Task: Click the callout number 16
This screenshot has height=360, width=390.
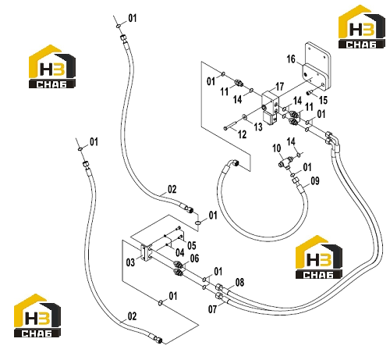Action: pyautogui.click(x=291, y=59)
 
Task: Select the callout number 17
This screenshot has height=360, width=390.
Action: pyautogui.click(x=279, y=87)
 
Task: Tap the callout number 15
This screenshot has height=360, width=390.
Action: pyautogui.click(x=323, y=100)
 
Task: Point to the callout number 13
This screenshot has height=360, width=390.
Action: pyautogui.click(x=258, y=127)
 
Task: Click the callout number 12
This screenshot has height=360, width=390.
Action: pyautogui.click(x=242, y=134)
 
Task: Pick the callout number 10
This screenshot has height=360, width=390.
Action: pyautogui.click(x=277, y=148)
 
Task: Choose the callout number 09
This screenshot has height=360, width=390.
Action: pyautogui.click(x=315, y=180)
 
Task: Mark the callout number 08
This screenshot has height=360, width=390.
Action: pyautogui.click(x=239, y=282)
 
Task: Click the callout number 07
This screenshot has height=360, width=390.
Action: pyautogui.click(x=212, y=309)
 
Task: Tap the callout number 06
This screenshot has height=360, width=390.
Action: pyautogui.click(x=194, y=258)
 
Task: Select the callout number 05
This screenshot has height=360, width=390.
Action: pyautogui.click(x=192, y=245)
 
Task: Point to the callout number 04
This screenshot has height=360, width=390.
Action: pyautogui.click(x=179, y=252)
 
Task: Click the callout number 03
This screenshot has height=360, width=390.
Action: pyautogui.click(x=130, y=262)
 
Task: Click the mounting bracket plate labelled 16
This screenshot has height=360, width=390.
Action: pyautogui.click(x=317, y=66)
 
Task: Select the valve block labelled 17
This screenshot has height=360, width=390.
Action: pyautogui.click(x=271, y=107)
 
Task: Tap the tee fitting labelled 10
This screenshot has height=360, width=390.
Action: pyautogui.click(x=285, y=162)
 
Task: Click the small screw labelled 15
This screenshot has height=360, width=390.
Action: pyautogui.click(x=309, y=92)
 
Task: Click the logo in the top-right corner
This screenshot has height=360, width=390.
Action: pyautogui.click(x=362, y=27)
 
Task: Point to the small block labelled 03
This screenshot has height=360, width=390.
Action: pyautogui.click(x=146, y=252)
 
